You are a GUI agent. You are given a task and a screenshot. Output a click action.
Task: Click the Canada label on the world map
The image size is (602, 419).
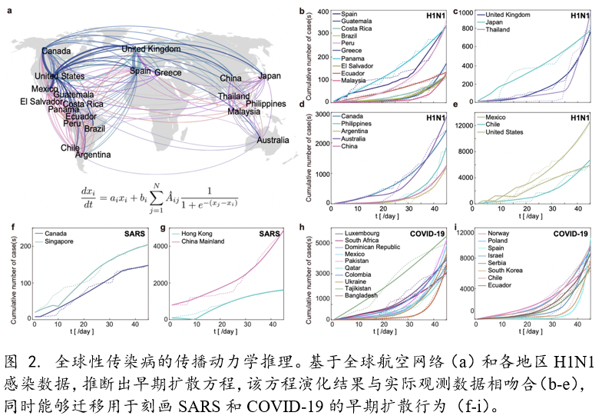coord(56,51)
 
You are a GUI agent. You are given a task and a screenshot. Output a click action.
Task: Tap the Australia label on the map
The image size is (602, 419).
coord(273,141)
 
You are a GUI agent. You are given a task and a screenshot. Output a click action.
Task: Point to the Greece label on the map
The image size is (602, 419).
coord(168,73)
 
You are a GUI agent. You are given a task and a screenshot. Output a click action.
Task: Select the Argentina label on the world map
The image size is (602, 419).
coord(92,155)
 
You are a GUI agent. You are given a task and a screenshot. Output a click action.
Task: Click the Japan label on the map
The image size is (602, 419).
coord(270,76)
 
